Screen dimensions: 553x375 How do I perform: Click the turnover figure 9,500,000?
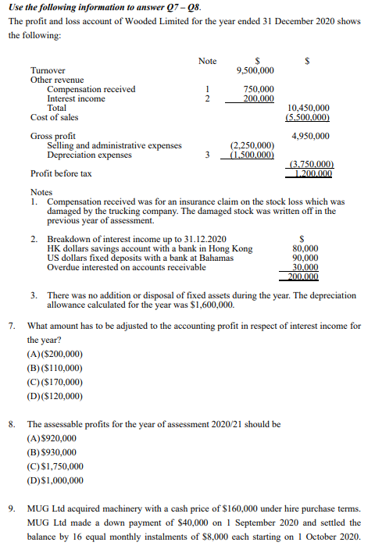click(254, 70)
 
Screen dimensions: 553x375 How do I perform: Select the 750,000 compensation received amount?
click(259, 90)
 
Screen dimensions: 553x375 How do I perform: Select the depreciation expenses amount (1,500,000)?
click(252, 155)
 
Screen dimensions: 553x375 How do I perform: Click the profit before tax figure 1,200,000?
click(312, 173)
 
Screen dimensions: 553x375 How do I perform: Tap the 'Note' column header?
click(207, 60)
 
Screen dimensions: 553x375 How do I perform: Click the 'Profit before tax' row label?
click(61, 173)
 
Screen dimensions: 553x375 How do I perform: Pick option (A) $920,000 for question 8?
click(52, 438)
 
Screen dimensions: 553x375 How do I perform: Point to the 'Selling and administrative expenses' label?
click(115, 145)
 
